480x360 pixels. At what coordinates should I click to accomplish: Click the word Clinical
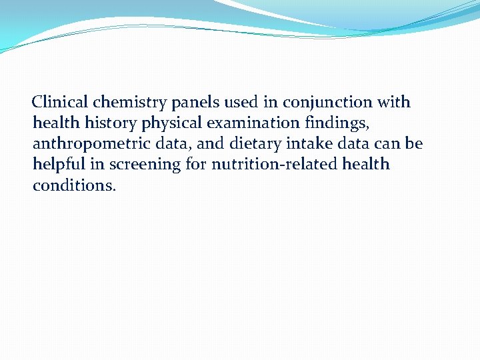coord(61,103)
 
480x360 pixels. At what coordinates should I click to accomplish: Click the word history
coord(111,124)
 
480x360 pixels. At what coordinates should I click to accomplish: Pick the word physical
coord(169,124)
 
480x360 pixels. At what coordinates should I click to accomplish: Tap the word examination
coord(252,123)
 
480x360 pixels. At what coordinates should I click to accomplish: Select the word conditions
coord(74,185)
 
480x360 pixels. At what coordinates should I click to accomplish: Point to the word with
coord(393,103)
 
